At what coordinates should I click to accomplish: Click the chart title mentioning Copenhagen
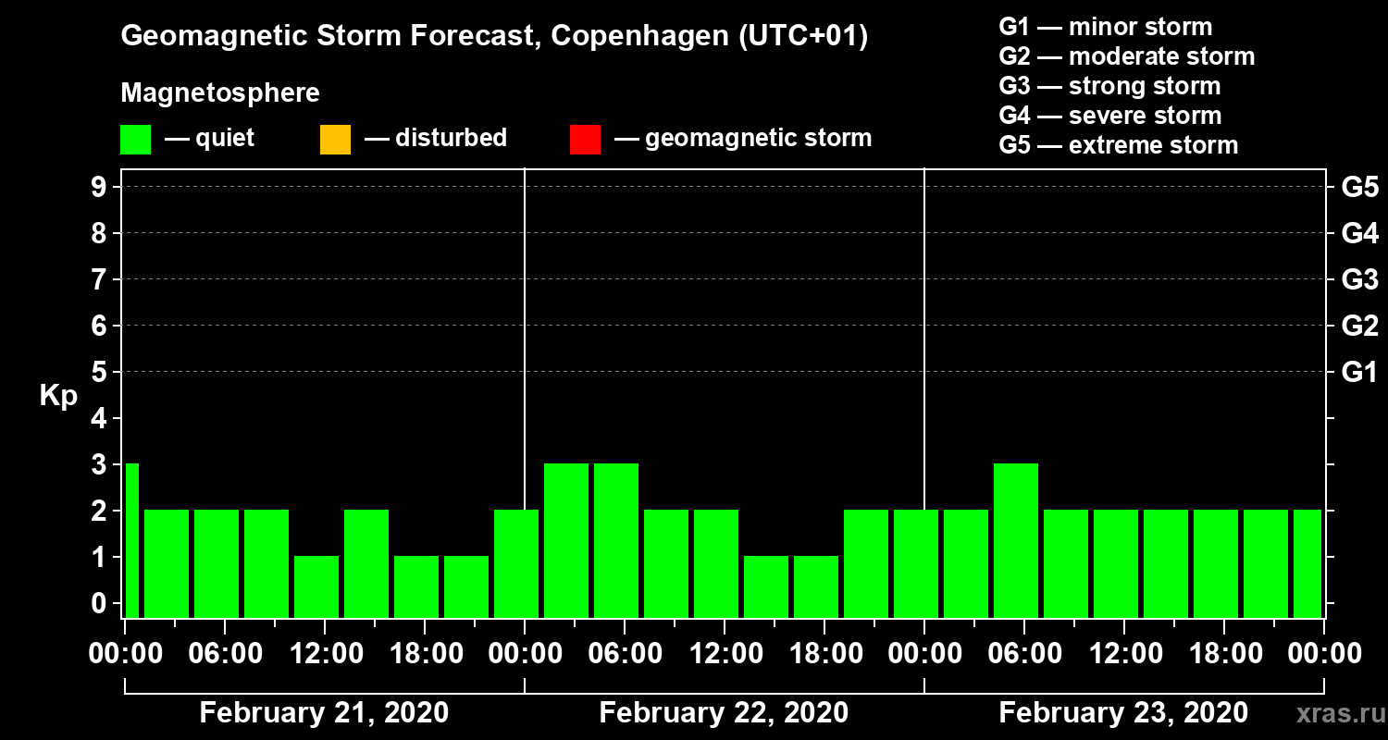pyautogui.click(x=494, y=37)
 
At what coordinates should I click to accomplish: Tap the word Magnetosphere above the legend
pyautogui.click(x=220, y=93)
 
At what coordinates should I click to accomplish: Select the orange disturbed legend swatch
pyautogui.click(x=335, y=140)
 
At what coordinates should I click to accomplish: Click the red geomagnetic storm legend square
pyautogui.click(x=585, y=140)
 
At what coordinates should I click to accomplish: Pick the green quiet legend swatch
pyautogui.click(x=135, y=140)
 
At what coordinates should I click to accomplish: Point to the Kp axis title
pyautogui.click(x=58, y=396)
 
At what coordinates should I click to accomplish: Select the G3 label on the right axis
pyautogui.click(x=1359, y=279)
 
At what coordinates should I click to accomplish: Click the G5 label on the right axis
pyautogui.click(x=1359, y=187)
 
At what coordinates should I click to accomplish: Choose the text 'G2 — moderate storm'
pyautogui.click(x=1126, y=56)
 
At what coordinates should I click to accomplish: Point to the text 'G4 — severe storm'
pyautogui.click(x=1109, y=116)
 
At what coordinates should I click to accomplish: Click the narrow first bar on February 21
pyautogui.click(x=131, y=540)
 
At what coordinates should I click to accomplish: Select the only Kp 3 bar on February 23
pyautogui.click(x=1015, y=540)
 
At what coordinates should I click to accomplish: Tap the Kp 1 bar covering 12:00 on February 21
pyautogui.click(x=316, y=586)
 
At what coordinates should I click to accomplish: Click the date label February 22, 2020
pyautogui.click(x=724, y=713)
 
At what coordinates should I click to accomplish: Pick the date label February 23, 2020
pyautogui.click(x=1123, y=713)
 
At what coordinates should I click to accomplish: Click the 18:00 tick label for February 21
pyautogui.click(x=425, y=654)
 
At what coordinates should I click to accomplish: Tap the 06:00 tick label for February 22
pyautogui.click(x=624, y=654)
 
